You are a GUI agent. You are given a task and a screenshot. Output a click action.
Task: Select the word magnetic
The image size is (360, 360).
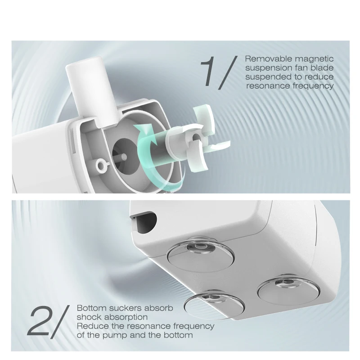point(314,59)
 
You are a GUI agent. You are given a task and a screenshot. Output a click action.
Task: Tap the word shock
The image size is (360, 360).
point(89,317)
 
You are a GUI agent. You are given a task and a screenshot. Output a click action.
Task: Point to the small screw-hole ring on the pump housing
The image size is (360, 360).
point(101,165)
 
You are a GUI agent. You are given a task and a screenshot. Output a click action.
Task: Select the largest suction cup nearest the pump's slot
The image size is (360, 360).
point(200,254)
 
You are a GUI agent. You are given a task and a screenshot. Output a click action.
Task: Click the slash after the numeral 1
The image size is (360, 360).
point(228,72)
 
